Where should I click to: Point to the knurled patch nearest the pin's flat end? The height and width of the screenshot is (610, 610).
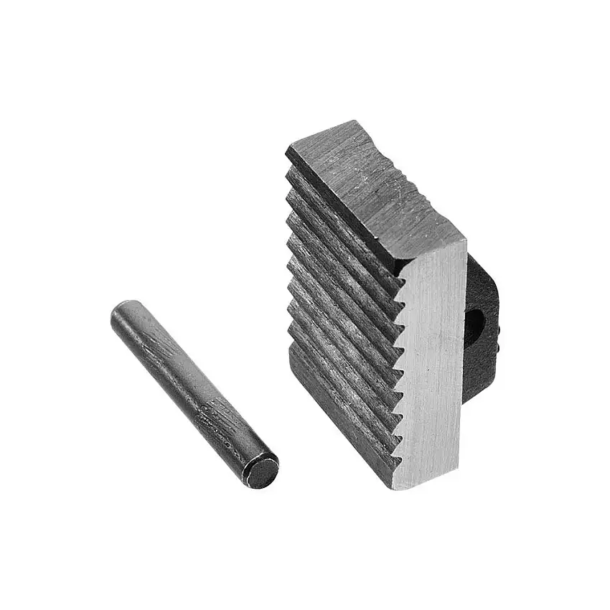point(215,416)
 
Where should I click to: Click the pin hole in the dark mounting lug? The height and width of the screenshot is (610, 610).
point(476,322)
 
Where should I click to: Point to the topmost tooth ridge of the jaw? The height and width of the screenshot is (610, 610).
point(337,215)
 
